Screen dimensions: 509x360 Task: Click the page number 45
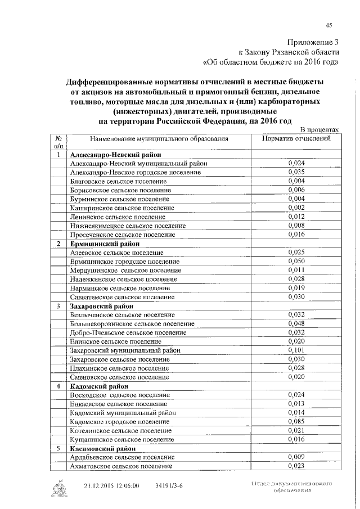click(x=329, y=24)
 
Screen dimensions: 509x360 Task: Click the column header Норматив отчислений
click(x=296, y=138)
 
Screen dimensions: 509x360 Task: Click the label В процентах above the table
click(x=319, y=129)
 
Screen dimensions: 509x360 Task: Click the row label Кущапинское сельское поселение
click(x=120, y=439)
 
